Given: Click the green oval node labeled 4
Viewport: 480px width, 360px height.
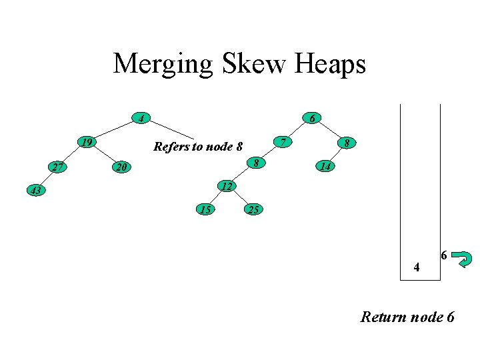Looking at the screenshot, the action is pyautogui.click(x=139, y=119).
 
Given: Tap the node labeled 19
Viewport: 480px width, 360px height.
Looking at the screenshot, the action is pyautogui.click(x=85, y=143).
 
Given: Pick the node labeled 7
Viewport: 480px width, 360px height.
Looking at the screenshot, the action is pyautogui.click(x=283, y=143).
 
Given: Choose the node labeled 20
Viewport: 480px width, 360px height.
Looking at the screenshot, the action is pyautogui.click(x=119, y=167).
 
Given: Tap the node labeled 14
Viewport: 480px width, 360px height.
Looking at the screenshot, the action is pyautogui.click(x=325, y=167).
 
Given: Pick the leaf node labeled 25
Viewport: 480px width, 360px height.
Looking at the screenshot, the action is pyautogui.click(x=253, y=211).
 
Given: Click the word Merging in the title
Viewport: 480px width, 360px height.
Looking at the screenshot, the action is pyautogui.click(x=163, y=65).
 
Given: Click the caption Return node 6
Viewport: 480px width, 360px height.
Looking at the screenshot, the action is pyautogui.click(x=407, y=317).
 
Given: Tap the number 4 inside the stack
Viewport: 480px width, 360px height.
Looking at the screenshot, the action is pyautogui.click(x=417, y=269).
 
